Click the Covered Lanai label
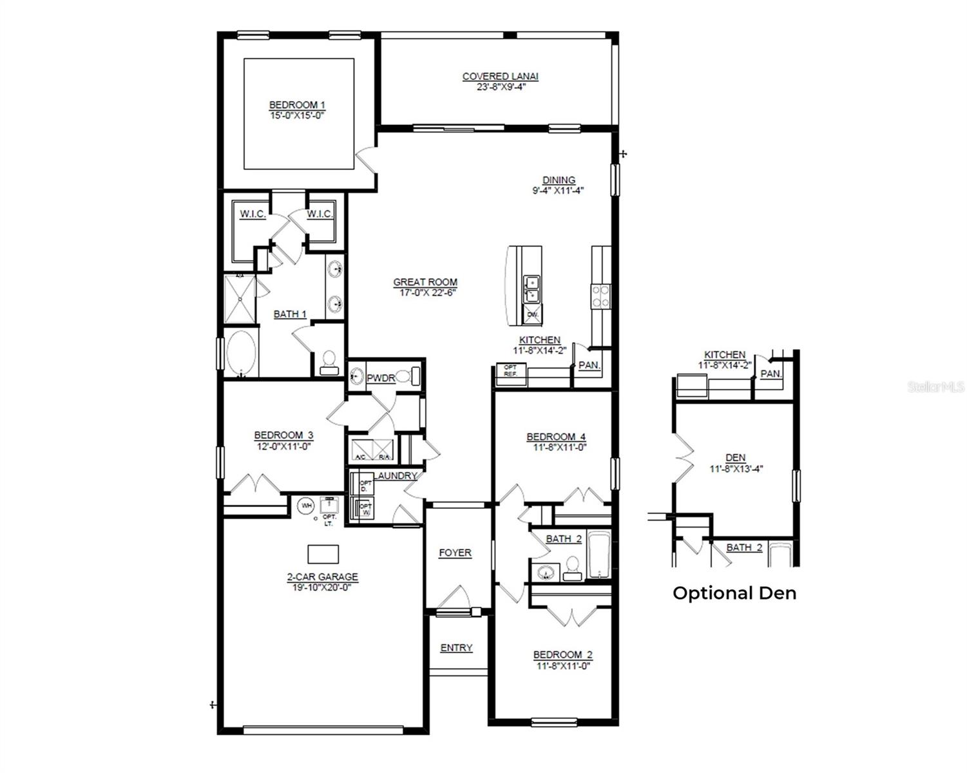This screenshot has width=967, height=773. (x=500, y=76)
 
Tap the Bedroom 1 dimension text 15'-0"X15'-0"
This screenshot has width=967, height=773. (x=296, y=115)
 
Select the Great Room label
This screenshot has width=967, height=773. (x=425, y=282)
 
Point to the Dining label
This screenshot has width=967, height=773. (x=559, y=180)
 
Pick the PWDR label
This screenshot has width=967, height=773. (x=380, y=378)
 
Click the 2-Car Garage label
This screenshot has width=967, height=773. (x=322, y=577)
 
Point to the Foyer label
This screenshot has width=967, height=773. (x=455, y=553)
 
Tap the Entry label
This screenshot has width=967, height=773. (x=456, y=648)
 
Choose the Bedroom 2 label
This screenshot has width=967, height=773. (x=562, y=655)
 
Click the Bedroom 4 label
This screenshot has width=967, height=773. (x=556, y=436)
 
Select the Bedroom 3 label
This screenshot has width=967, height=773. (x=283, y=435)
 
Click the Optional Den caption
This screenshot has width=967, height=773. (x=734, y=593)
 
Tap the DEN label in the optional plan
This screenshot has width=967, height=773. (x=735, y=458)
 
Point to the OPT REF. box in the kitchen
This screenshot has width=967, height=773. (x=510, y=370)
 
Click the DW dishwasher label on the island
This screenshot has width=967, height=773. (x=532, y=314)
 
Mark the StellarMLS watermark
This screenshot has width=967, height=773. (x=935, y=386)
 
